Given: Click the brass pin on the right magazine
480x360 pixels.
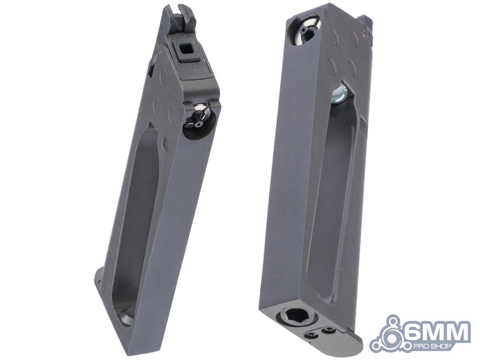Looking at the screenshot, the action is [363, 31].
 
